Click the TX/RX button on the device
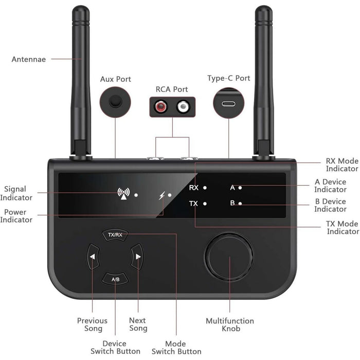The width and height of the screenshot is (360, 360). pyautogui.click(x=115, y=235)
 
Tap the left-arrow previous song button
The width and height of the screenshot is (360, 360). pyautogui.click(x=93, y=257)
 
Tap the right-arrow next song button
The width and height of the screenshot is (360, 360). pyautogui.click(x=137, y=257)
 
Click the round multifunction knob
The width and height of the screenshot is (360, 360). pyautogui.click(x=229, y=256)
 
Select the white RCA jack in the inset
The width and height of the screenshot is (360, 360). pyautogui.click(x=183, y=107)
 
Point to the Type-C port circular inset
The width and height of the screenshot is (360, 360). pyautogui.click(x=228, y=102)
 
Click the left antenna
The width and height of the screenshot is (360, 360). pyautogui.click(x=81, y=77)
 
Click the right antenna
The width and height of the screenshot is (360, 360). pyautogui.click(x=263, y=77)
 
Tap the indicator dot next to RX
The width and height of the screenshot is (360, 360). pyautogui.click(x=205, y=188)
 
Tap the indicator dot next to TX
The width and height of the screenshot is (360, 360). pyautogui.click(x=205, y=204)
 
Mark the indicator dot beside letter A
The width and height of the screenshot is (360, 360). pyautogui.click(x=240, y=188)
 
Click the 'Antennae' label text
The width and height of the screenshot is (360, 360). pyautogui.click(x=29, y=59)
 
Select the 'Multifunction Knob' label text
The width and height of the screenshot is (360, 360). pyautogui.click(x=230, y=325)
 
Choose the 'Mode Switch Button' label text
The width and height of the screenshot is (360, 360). pyautogui.click(x=176, y=347)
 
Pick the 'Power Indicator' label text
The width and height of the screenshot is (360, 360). pyautogui.click(x=16, y=216)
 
